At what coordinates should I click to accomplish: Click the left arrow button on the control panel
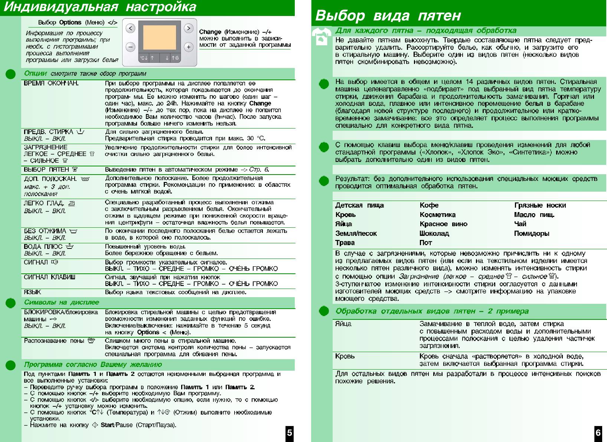(130, 28)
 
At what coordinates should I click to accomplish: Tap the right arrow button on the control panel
(189, 28)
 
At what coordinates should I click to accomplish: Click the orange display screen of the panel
(159, 37)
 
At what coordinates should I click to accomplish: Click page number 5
(290, 433)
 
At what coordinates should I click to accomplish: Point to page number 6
(598, 433)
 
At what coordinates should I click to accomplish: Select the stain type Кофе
(429, 205)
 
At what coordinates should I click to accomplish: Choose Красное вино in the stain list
(443, 224)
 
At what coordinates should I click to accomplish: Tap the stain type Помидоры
(531, 234)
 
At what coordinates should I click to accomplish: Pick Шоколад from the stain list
(434, 234)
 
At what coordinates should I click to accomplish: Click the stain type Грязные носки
(540, 205)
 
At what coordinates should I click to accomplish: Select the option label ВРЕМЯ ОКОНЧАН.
(51, 83)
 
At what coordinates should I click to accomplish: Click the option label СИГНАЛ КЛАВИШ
(49, 277)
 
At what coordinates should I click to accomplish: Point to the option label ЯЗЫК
(32, 292)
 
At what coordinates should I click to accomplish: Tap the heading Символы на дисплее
(61, 302)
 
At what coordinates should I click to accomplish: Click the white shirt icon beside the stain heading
(322, 36)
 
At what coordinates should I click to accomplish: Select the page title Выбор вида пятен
(388, 16)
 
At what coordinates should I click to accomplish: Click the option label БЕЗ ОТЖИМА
(45, 231)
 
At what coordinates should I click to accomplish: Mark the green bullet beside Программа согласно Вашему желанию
(10, 365)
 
